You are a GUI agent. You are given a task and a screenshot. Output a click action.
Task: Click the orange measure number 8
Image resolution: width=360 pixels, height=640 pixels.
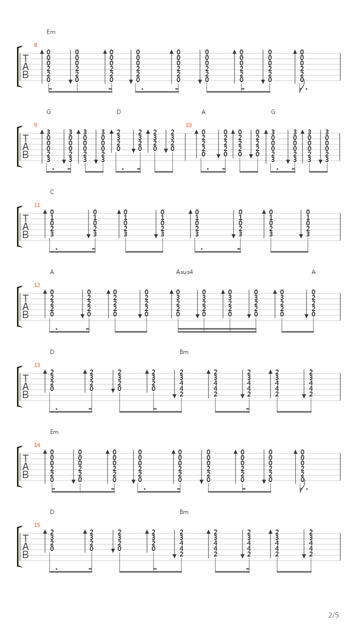(x=35, y=45)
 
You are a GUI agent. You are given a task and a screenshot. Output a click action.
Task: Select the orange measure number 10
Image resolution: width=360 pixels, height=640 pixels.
(x=188, y=125)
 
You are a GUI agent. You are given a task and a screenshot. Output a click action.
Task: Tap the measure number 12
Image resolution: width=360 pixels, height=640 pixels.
(x=37, y=285)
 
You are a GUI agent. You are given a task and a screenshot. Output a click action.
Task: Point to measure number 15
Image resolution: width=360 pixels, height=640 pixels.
(x=37, y=525)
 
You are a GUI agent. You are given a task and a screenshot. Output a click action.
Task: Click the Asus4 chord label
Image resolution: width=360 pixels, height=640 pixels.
(x=184, y=271)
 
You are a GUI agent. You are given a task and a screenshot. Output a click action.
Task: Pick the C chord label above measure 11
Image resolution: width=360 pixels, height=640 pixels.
(x=52, y=191)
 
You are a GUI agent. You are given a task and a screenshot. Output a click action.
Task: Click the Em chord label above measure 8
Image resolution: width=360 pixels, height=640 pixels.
(x=51, y=31)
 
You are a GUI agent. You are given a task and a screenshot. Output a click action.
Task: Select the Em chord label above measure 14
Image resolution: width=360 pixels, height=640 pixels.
(x=54, y=431)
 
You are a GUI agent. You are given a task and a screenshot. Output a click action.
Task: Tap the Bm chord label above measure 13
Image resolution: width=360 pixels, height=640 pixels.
(x=184, y=351)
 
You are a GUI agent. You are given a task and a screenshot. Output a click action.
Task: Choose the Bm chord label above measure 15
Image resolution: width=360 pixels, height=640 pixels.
(x=184, y=511)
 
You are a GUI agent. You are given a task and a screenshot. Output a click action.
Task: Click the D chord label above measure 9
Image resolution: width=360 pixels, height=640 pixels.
(x=118, y=111)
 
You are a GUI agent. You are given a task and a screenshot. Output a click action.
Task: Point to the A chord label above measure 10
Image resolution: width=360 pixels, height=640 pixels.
(x=203, y=111)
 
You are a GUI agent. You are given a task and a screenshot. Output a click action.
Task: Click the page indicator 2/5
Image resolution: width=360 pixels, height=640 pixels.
(x=333, y=615)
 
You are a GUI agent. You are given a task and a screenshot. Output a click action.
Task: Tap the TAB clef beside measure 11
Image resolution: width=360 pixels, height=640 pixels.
(x=25, y=226)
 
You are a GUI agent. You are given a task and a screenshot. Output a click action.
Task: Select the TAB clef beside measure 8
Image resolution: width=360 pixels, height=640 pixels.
(x=25, y=66)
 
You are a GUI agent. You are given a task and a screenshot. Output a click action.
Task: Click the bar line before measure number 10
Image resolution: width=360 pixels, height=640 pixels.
(x=185, y=146)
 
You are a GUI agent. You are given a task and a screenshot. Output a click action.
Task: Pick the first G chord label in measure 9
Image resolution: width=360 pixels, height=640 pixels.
(x=48, y=111)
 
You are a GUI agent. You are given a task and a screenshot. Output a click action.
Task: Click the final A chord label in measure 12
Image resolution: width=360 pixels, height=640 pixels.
(x=313, y=271)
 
